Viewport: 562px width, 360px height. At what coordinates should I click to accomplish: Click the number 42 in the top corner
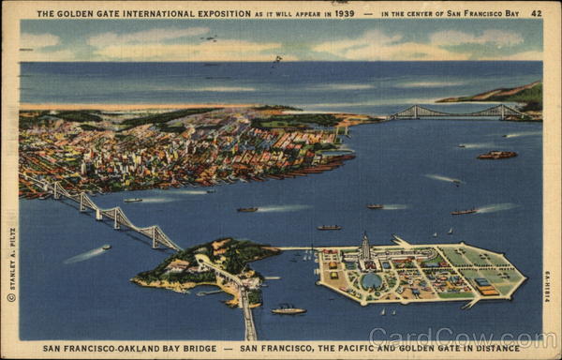pyautogui.click(x=536, y=13)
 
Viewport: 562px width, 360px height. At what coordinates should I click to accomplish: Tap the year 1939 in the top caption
pyautogui.click(x=342, y=14)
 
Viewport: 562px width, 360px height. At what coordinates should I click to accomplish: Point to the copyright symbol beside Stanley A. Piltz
pyautogui.click(x=11, y=297)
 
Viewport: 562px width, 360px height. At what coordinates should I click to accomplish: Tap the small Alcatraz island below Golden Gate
pyautogui.click(x=496, y=155)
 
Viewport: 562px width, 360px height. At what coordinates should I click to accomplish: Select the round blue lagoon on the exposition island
pyautogui.click(x=372, y=280)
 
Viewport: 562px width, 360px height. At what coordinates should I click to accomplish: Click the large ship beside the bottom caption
pyautogui.click(x=288, y=309)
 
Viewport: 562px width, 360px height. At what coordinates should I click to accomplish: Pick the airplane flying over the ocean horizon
pyautogui.click(x=277, y=59)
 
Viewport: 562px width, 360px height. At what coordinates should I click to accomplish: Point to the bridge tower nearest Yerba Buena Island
pyautogui.click(x=155, y=236)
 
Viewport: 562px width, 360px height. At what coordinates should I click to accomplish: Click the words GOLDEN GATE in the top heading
pyautogui.click(x=85, y=14)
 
